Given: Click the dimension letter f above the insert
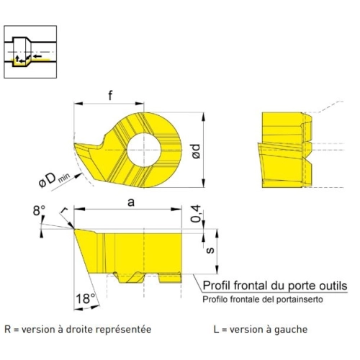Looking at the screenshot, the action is pos(110,95).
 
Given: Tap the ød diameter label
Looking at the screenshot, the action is pos(196,151).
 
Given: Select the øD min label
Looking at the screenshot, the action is pos(54,180).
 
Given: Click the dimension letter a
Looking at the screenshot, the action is pos(131,202).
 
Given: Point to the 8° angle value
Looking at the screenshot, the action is pos(39,211).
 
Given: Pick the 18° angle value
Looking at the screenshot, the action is pos(86,299).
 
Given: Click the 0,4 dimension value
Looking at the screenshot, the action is pos(196,214).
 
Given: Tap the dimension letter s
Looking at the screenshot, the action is pos(210,251).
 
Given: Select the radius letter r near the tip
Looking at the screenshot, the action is pos(64,211).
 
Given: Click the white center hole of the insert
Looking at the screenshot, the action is pos(144,150).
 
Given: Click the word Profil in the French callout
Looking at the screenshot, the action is pos(217,286).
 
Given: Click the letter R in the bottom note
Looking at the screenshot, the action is pos(8,329).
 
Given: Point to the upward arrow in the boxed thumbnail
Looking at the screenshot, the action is pos(17,58).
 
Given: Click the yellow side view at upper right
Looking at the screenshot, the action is pos(287,150).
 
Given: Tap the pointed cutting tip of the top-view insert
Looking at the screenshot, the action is pos(75,144).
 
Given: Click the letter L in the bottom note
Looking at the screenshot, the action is pos(216,329).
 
